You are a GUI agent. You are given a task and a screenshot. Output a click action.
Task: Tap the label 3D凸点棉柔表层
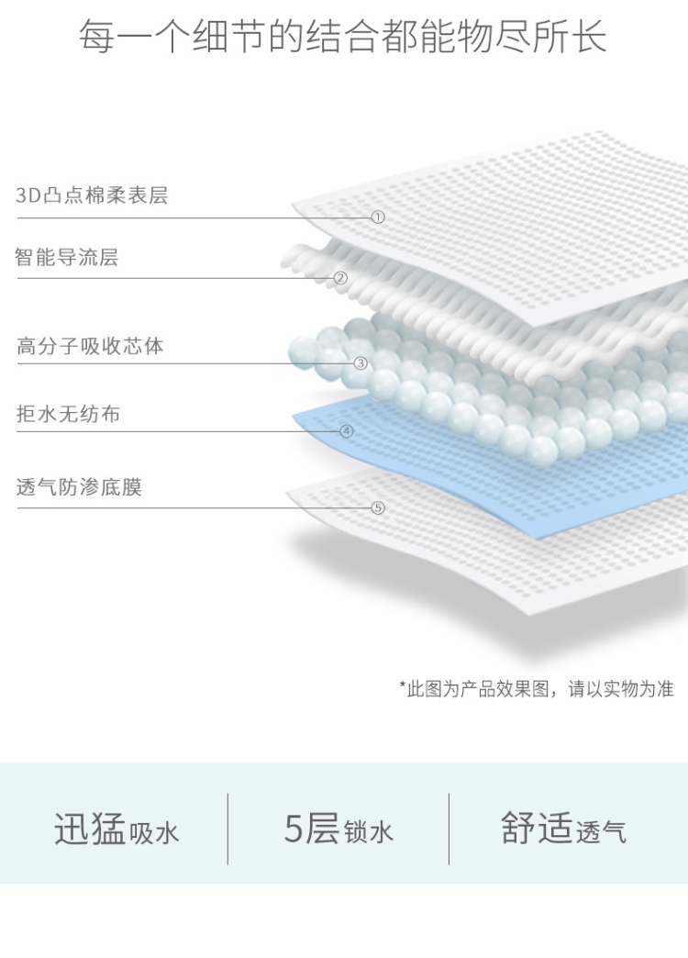[x=92, y=195]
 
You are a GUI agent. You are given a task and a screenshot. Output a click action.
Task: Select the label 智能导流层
[x=67, y=258]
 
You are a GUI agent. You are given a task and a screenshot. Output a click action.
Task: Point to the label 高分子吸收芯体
[x=90, y=347]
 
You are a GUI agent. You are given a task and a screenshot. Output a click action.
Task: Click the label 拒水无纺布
[x=68, y=415]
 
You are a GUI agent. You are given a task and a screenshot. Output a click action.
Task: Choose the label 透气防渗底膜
[x=79, y=487]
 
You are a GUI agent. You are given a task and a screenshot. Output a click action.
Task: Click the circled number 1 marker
[x=378, y=217]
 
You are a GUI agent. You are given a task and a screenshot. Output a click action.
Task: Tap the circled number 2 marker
[x=340, y=278]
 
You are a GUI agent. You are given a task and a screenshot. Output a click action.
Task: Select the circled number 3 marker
[x=361, y=363]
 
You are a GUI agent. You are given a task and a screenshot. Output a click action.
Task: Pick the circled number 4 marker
[x=347, y=430]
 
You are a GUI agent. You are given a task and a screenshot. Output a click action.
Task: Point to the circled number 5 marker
[x=378, y=507]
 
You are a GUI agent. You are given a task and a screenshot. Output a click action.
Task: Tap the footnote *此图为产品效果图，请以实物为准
[x=536, y=689]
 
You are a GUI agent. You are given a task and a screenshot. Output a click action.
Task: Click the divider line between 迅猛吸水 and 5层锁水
[x=227, y=829]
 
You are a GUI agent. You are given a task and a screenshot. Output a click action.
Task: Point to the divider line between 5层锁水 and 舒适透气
[x=449, y=829]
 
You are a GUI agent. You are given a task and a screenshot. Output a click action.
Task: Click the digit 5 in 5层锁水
[x=294, y=828]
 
